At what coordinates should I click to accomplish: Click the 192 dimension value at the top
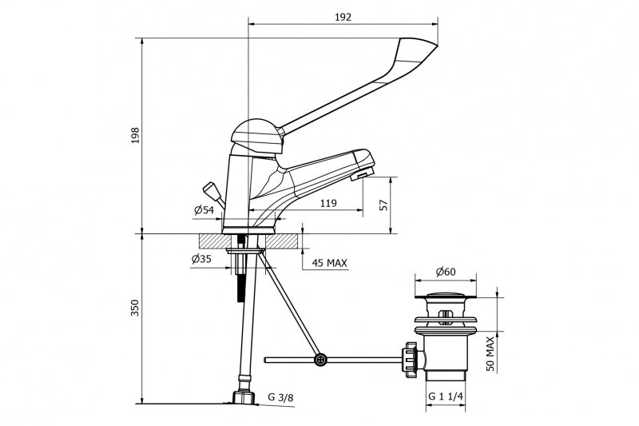(x=343, y=17)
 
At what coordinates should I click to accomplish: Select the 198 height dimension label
(x=135, y=135)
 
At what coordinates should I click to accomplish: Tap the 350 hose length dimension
(x=135, y=308)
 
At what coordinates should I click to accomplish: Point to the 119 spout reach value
(x=328, y=203)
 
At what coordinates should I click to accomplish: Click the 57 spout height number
(x=383, y=205)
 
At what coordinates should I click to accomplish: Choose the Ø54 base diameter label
(x=204, y=210)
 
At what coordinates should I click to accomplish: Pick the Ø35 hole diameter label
(x=201, y=259)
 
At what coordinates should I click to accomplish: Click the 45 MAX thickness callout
(x=330, y=263)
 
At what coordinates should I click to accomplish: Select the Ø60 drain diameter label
(x=446, y=272)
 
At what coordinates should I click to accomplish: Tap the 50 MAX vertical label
(x=490, y=354)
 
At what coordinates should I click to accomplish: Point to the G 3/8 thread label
(x=280, y=397)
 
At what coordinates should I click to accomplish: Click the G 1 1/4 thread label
(x=446, y=396)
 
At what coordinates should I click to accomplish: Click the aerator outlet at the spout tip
(x=361, y=175)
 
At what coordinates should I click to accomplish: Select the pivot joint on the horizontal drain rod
(x=320, y=360)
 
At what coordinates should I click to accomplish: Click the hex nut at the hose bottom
(x=244, y=398)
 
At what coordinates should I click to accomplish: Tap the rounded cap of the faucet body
(x=256, y=136)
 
